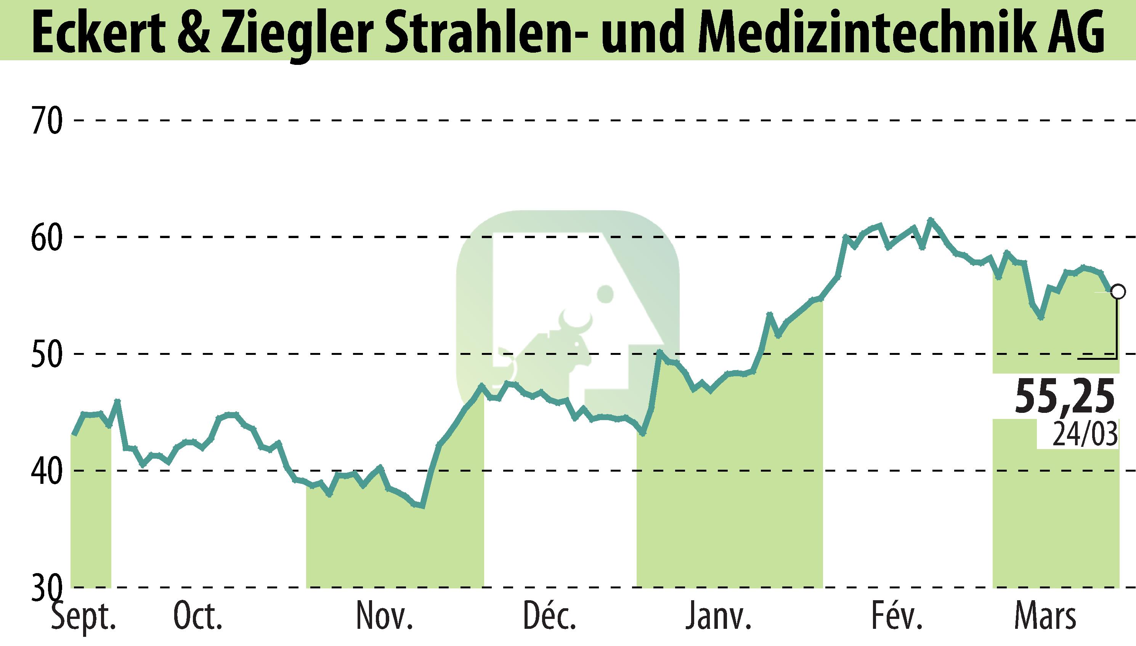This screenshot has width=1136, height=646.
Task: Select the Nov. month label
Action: pos(385,617)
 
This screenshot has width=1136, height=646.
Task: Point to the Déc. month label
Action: pos(550,617)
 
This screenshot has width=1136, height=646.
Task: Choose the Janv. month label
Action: pos(719,617)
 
